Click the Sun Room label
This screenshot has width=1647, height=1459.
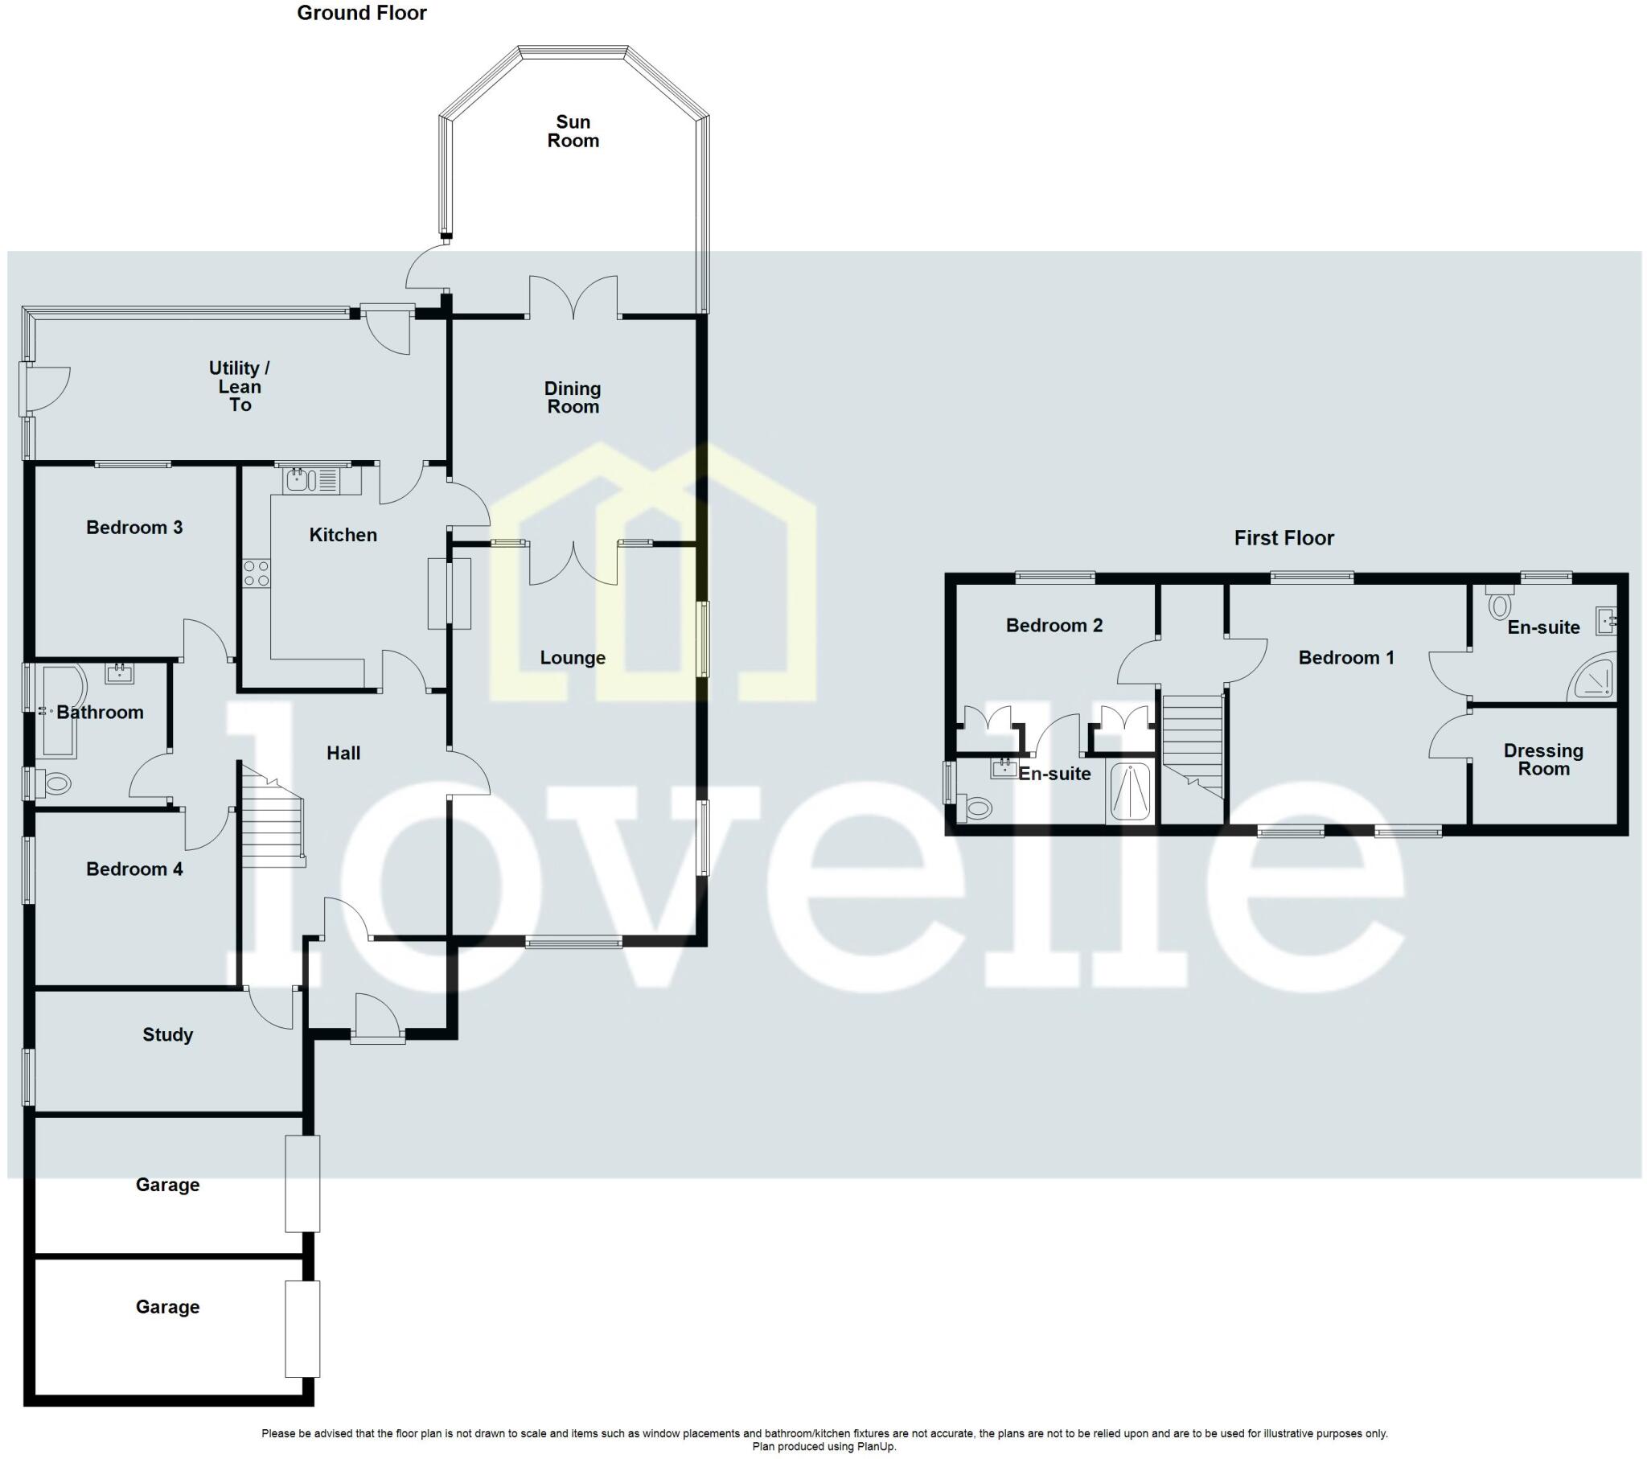[x=573, y=131]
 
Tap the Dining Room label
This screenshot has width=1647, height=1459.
[x=573, y=397]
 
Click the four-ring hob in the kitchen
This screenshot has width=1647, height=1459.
[x=257, y=573]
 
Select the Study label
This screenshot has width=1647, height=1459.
[x=167, y=1034]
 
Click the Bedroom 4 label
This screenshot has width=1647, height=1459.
[x=134, y=869]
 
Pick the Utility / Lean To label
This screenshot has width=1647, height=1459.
[x=240, y=386]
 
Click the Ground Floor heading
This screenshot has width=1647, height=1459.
[x=362, y=13]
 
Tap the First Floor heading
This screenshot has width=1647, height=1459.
[x=1284, y=537]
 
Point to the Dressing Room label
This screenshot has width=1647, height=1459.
[x=1543, y=759]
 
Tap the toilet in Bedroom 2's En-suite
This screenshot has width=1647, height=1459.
[x=975, y=807]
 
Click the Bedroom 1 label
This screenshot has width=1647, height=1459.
[x=1345, y=658]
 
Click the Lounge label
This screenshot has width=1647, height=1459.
[x=572, y=658]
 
